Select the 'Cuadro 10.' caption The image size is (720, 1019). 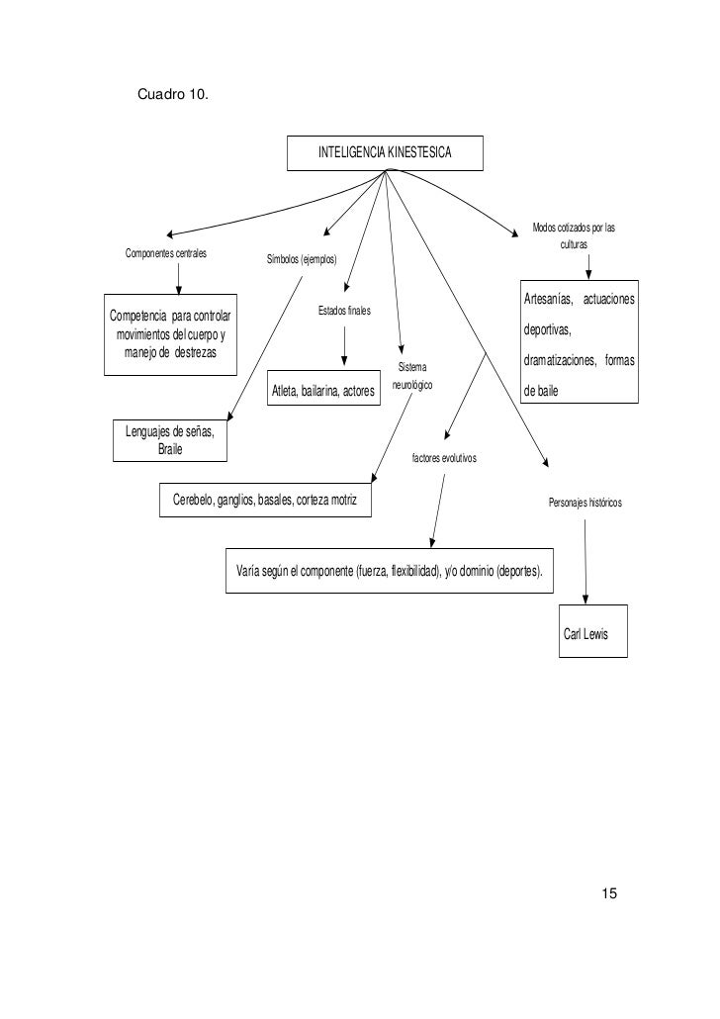173,94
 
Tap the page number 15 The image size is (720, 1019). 609,893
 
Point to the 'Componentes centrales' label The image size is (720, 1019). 166,253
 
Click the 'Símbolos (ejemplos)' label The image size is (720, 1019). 302,259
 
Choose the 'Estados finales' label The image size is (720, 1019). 344,311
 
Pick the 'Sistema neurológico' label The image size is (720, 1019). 412,376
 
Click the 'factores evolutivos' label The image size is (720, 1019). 444,458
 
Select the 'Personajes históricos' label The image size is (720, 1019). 585,503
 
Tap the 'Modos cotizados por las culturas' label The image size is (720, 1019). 574,235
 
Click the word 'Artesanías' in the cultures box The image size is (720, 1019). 548,299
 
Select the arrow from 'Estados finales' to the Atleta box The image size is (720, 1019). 344,346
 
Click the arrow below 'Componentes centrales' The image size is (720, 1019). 179,279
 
